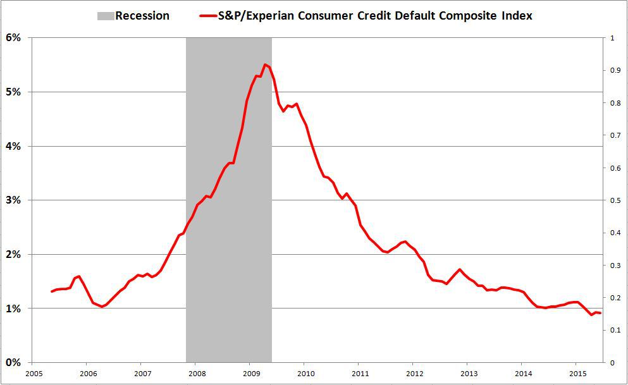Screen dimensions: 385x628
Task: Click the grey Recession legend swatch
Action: point(105,16)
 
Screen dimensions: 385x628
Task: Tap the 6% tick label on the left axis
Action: point(14,38)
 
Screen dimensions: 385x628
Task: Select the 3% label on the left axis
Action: point(14,200)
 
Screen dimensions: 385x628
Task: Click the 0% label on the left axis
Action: point(14,362)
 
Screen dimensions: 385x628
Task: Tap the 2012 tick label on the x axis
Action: point(413,372)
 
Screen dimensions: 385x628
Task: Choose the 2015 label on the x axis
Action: point(576,372)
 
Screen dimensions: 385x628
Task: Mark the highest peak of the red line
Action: point(266,64)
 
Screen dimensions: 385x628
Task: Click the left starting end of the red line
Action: point(52,291)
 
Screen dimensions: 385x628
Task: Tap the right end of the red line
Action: point(600,313)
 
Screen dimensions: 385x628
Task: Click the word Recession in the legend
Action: point(142,16)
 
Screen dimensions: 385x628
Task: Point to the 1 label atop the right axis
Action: point(611,38)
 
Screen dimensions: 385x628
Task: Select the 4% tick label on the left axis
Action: point(14,146)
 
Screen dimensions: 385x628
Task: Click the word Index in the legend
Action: point(515,16)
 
